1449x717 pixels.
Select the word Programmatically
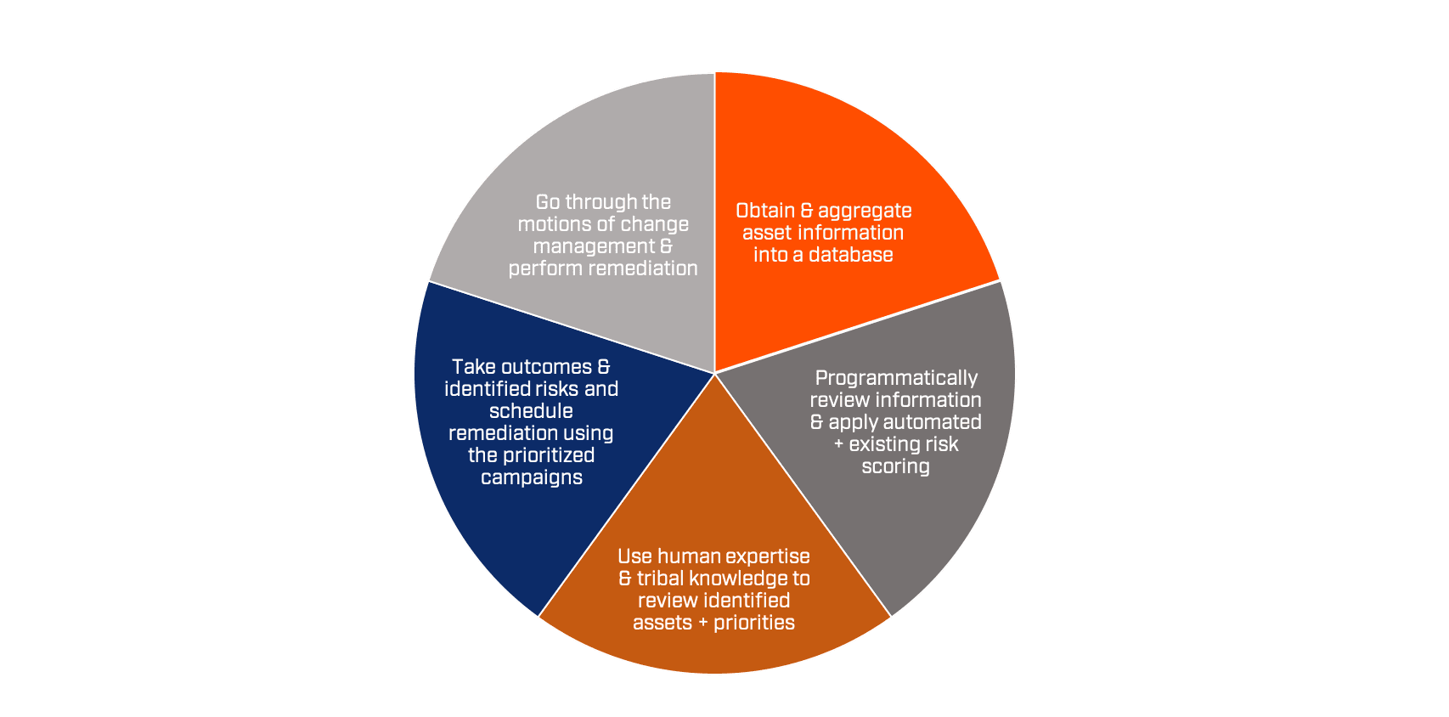[x=896, y=379]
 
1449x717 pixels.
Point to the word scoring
[x=895, y=467]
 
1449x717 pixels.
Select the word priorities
[x=754, y=624]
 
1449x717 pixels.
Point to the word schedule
[x=531, y=411]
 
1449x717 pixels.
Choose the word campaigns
[x=531, y=478]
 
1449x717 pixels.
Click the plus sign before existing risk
[x=839, y=445]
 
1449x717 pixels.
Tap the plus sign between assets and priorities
[x=703, y=624]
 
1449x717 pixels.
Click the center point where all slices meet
[x=715, y=374]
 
